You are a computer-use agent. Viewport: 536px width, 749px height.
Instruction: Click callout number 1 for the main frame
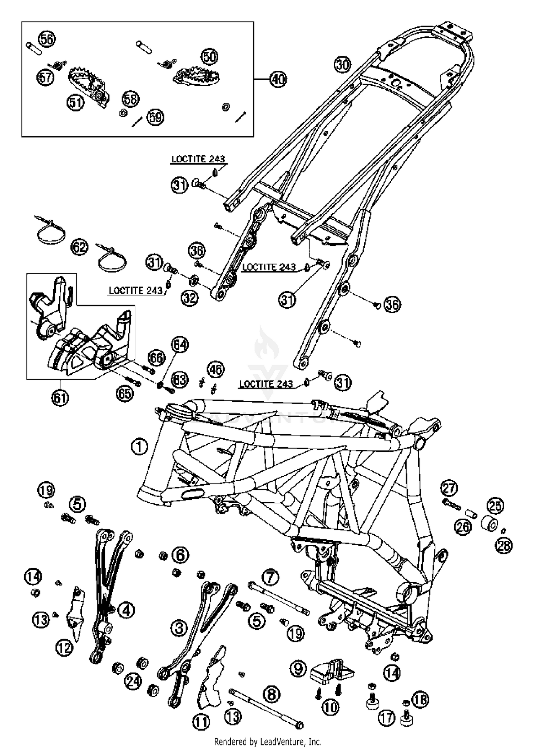coord(139,446)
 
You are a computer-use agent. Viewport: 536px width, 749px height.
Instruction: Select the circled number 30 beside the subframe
coord(343,65)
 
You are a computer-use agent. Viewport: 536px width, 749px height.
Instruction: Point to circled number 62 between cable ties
coord(80,247)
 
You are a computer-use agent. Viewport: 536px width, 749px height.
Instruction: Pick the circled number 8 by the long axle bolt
coord(272,694)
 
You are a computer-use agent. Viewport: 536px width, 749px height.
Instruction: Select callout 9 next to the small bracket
coord(298,668)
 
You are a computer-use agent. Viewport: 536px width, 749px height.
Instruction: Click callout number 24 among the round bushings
coord(133,681)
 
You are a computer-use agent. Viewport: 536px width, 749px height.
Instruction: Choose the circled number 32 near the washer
coord(189,297)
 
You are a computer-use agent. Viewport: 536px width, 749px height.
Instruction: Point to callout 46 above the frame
coord(215,370)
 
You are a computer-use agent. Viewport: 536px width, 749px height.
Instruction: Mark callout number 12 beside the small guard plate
coord(65,647)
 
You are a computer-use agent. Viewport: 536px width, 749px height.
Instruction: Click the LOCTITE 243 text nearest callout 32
coord(135,290)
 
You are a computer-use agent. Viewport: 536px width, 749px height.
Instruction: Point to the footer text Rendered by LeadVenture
coord(268,741)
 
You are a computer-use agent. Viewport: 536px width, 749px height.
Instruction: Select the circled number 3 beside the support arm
coord(179,628)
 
